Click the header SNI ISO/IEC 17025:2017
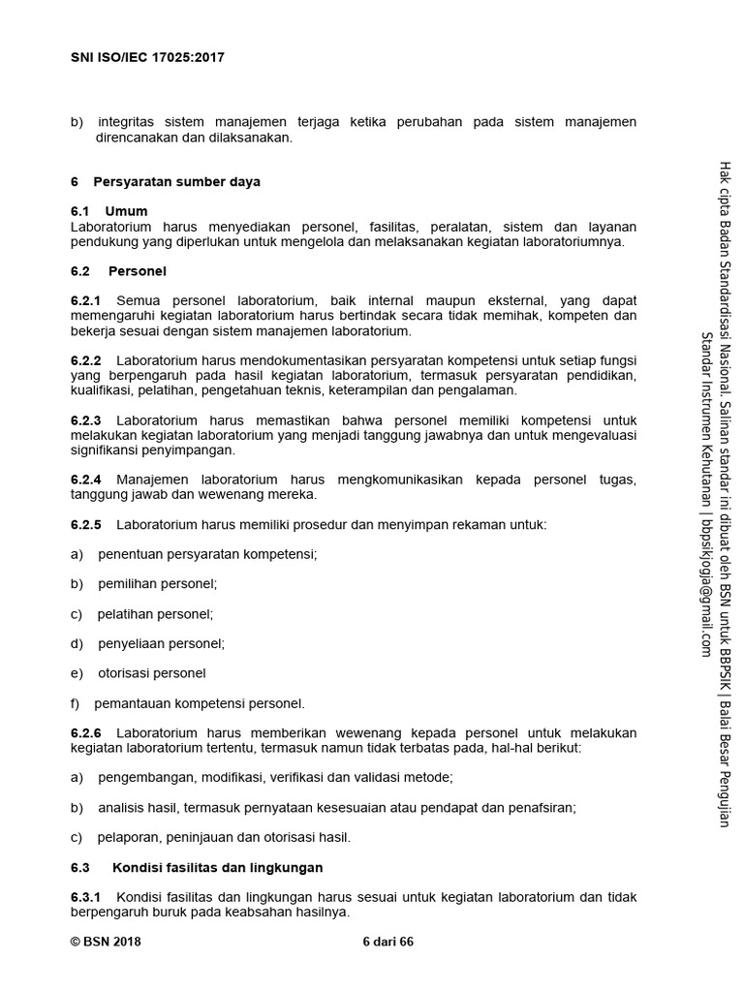148,57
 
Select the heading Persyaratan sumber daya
176,181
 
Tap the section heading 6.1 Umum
109,211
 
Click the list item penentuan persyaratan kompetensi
207,554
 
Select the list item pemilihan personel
157,584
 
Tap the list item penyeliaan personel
161,643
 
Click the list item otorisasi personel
152,673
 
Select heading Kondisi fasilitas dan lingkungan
218,867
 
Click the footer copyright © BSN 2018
106,941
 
